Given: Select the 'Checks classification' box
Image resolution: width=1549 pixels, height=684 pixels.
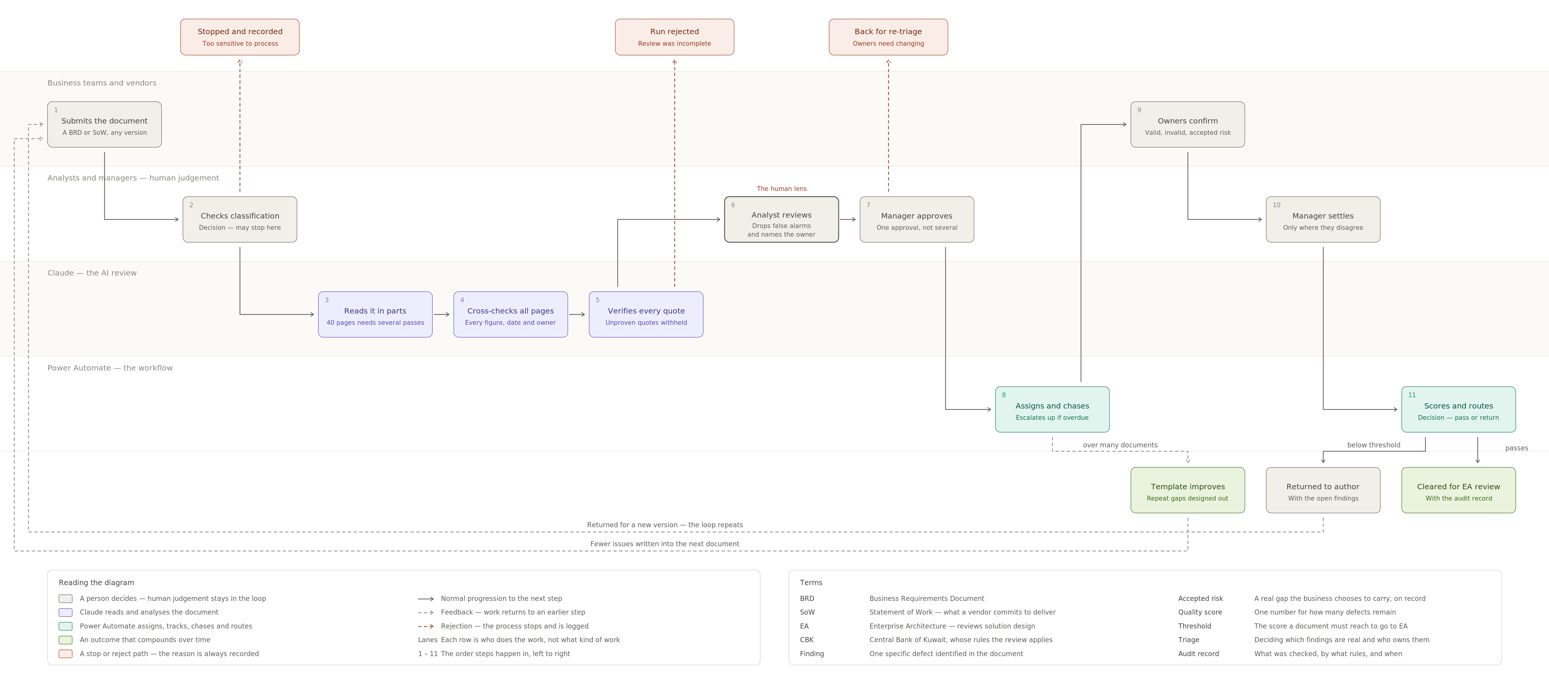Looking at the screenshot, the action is [x=240, y=219].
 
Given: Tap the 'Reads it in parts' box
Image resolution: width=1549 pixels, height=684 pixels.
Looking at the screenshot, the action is [x=375, y=314].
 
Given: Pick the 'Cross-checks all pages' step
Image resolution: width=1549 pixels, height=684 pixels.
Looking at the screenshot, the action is [x=510, y=314].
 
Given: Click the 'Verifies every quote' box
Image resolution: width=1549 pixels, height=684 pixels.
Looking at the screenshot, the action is [x=646, y=314].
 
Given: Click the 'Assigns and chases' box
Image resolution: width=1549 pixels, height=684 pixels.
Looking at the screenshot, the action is [x=1052, y=409].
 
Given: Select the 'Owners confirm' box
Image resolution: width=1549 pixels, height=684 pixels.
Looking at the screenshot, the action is [x=1188, y=124].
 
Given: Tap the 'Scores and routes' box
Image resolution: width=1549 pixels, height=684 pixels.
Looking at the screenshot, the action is [x=1458, y=409].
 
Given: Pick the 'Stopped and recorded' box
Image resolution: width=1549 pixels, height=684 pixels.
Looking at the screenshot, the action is [x=240, y=37].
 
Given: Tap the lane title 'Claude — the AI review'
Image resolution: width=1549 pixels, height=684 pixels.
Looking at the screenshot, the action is [x=92, y=273].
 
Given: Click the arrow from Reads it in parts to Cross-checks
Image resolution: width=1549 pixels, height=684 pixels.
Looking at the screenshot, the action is [x=441, y=314].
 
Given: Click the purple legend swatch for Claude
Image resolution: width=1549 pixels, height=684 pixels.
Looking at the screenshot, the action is [x=66, y=612].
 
